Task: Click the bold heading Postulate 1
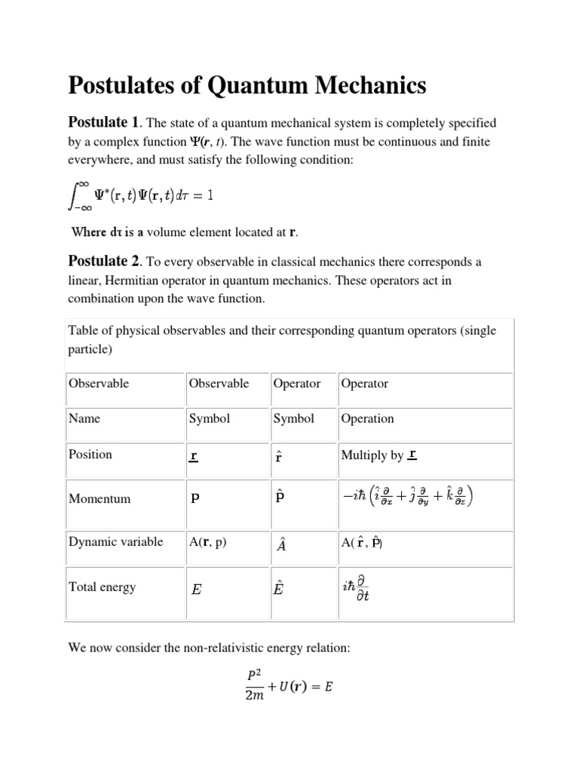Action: click(x=104, y=122)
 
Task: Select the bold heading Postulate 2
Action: click(x=104, y=262)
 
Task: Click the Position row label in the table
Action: click(x=90, y=454)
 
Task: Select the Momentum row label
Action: click(x=100, y=498)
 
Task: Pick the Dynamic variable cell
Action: click(x=115, y=542)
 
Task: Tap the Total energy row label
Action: click(x=103, y=587)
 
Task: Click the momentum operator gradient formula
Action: click(x=409, y=498)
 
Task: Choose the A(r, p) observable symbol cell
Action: click(x=207, y=542)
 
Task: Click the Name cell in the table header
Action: click(x=84, y=418)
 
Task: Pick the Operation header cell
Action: click(x=367, y=418)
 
